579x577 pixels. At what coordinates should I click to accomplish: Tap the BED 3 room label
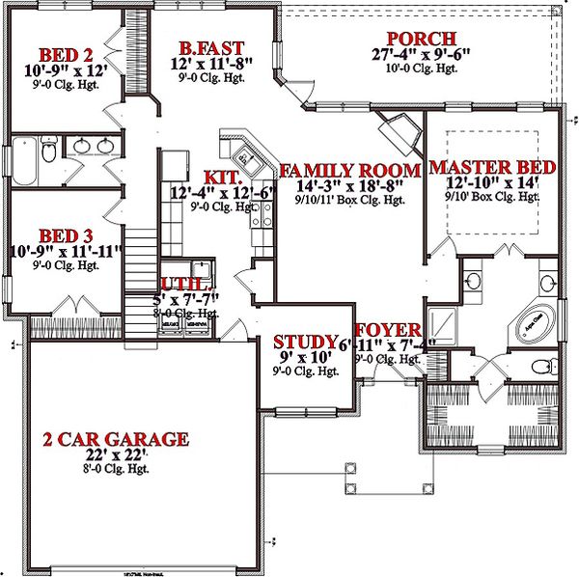pos(66,234)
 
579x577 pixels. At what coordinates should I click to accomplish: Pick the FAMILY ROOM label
pos(349,172)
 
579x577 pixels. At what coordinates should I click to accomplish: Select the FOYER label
pos(388,329)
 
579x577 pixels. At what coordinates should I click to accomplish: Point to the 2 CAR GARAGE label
pos(115,440)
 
